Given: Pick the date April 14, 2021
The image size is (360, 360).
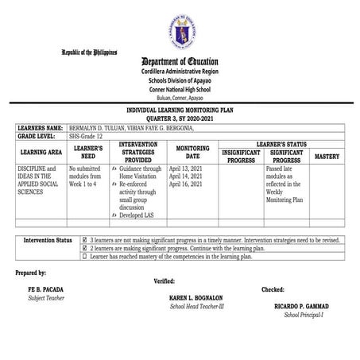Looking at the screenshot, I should (188, 176).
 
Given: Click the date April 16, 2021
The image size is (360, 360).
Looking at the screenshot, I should (188, 184).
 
